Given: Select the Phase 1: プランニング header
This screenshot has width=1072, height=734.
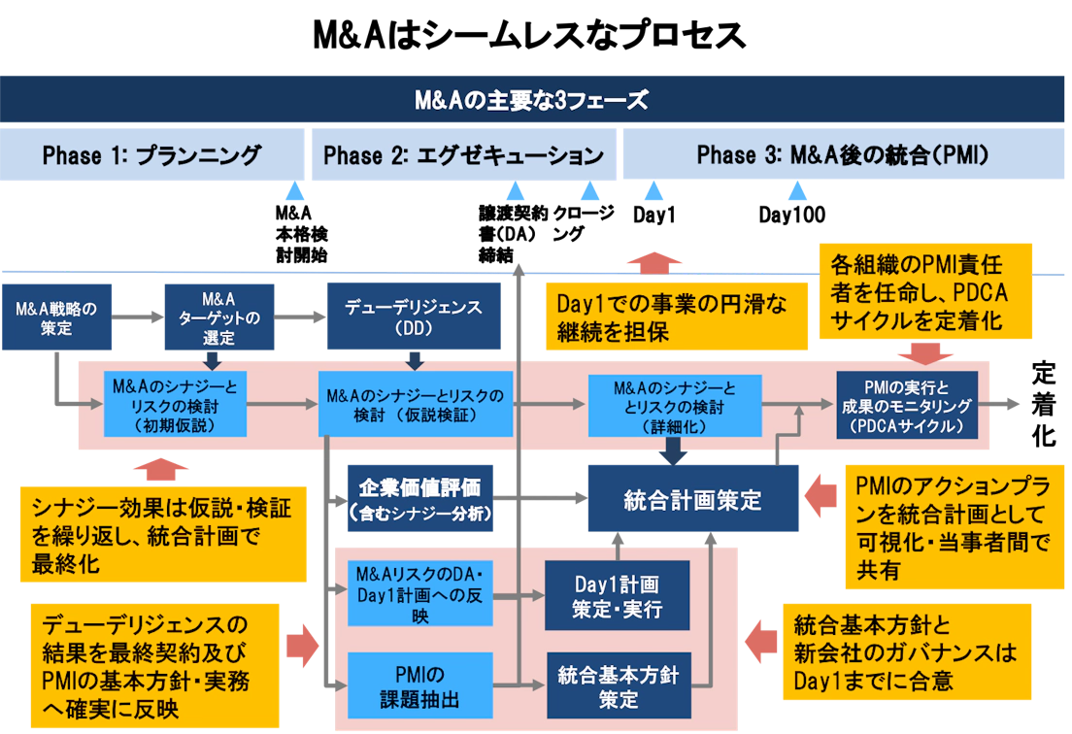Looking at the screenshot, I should click(151, 155).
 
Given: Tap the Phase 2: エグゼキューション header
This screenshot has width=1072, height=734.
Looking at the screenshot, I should click(463, 155).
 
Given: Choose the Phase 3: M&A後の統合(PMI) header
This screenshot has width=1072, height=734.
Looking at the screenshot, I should click(843, 155).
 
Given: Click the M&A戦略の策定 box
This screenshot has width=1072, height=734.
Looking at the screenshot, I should click(57, 317).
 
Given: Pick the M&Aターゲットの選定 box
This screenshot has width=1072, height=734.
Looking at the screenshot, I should click(218, 317).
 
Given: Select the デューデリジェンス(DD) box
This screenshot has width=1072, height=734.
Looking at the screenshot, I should click(414, 317).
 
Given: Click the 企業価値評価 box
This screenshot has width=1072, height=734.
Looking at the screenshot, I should click(419, 498).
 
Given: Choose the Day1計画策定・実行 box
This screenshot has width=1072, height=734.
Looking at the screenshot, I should click(617, 595).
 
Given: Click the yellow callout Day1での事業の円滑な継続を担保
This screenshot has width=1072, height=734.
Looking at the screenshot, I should click(677, 317).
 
